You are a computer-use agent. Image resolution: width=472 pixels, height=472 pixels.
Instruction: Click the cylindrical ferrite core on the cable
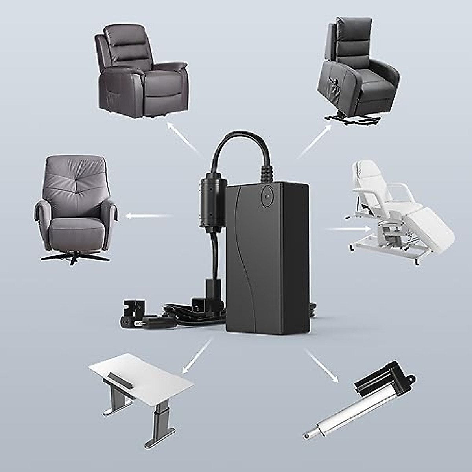point(212,203)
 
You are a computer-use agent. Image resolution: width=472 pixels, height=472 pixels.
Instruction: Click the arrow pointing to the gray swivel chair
point(147,216)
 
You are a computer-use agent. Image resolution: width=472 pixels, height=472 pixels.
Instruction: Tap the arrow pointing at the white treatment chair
point(348,229)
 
